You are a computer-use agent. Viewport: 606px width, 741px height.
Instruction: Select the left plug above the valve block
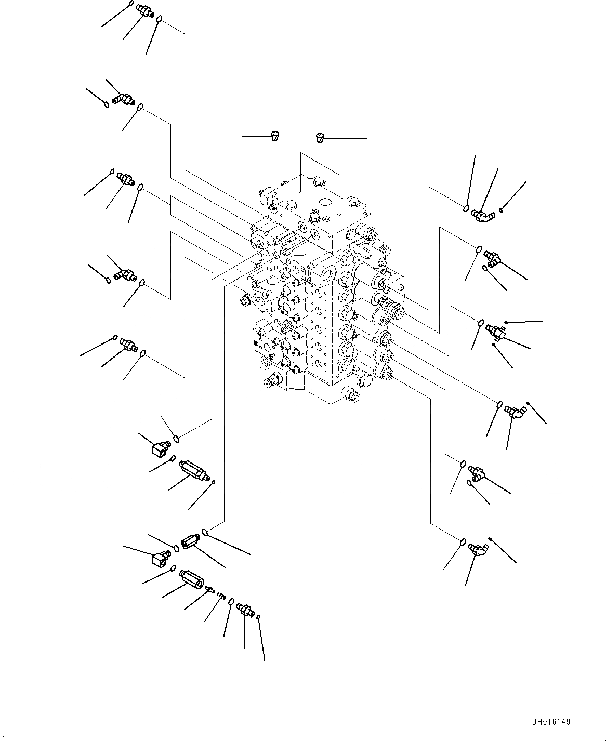(x=274, y=137)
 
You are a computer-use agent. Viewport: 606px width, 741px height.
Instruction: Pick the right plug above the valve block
(x=320, y=138)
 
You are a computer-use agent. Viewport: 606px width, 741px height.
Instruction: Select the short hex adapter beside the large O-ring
(x=190, y=542)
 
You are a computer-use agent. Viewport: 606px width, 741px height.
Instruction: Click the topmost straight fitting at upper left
(x=143, y=10)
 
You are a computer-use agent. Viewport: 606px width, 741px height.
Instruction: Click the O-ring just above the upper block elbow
(x=178, y=439)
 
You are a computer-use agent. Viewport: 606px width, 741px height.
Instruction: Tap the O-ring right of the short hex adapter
(x=206, y=532)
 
